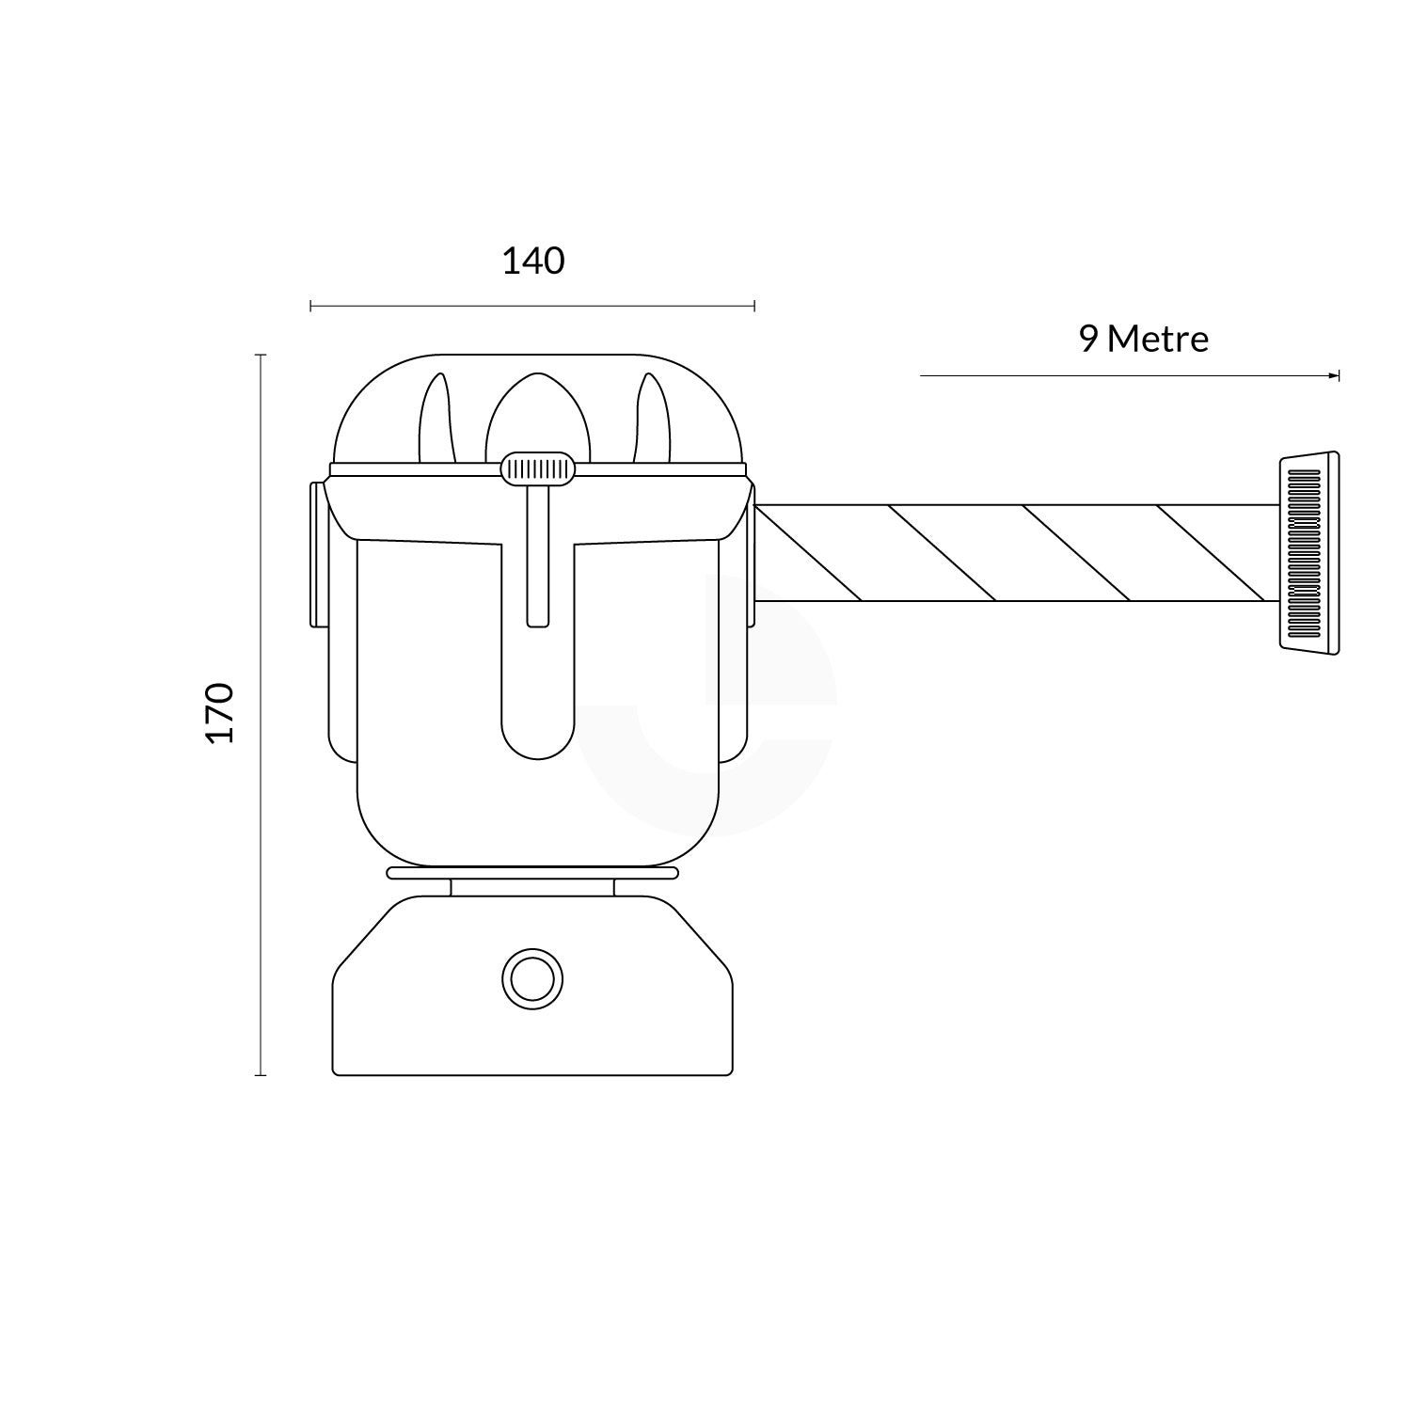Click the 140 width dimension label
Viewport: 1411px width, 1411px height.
point(533,261)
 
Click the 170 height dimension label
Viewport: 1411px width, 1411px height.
point(219,713)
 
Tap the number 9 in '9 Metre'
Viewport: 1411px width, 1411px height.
point(1089,339)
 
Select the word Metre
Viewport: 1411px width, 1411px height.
point(1158,339)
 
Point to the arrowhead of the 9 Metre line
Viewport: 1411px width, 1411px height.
point(1334,375)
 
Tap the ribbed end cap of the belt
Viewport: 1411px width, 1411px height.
point(1308,552)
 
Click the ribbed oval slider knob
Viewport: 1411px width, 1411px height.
point(538,469)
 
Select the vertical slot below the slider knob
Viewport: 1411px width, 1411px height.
point(538,556)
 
